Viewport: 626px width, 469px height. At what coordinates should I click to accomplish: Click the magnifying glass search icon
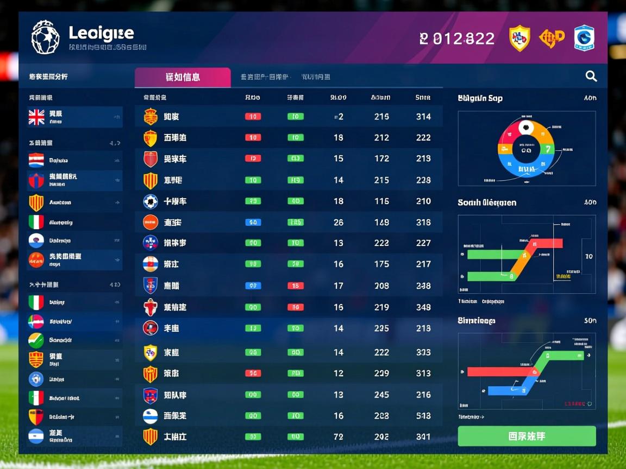point(591,77)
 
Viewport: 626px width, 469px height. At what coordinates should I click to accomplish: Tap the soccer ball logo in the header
point(45,37)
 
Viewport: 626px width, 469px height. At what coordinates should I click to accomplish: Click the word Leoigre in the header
point(101,33)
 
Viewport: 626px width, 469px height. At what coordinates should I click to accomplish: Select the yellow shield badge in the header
point(519,38)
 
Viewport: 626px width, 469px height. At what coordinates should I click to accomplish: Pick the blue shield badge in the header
point(584,38)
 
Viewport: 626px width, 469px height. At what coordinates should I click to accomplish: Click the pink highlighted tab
point(183,77)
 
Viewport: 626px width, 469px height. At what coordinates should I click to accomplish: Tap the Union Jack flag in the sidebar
point(36,117)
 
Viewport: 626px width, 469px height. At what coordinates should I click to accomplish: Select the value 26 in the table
point(339,222)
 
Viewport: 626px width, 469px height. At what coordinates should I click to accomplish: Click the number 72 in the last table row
point(339,436)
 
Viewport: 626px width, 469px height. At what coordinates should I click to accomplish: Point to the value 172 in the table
point(381,159)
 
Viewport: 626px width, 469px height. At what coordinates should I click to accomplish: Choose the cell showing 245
point(381,395)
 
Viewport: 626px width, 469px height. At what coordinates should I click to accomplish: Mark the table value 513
point(423,416)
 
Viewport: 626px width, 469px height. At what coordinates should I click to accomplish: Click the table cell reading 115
point(381,201)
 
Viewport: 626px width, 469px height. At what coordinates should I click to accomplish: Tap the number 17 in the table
point(339,286)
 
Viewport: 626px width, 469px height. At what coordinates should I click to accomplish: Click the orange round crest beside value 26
point(151,222)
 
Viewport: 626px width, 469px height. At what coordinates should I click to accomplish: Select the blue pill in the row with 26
point(253,222)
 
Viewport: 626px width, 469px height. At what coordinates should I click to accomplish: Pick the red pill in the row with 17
point(295,286)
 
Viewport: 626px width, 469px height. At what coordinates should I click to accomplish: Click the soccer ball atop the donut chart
point(525,128)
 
